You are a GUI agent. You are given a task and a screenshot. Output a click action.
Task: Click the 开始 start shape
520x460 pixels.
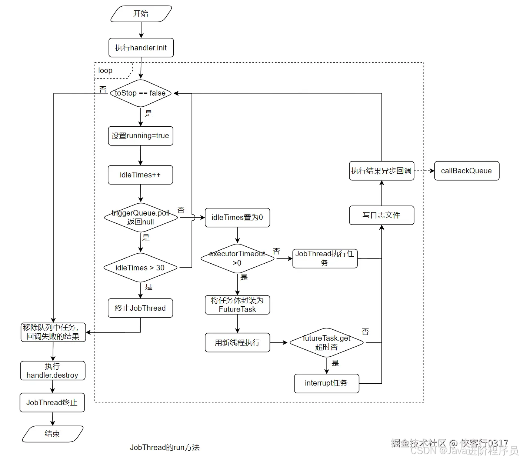[141, 14]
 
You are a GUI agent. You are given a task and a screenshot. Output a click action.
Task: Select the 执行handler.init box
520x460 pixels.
[141, 48]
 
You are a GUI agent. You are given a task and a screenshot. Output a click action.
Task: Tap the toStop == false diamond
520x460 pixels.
[140, 93]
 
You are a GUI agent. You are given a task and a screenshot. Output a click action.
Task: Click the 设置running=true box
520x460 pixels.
[140, 136]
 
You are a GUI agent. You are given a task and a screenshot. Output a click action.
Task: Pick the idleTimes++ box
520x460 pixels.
[140, 175]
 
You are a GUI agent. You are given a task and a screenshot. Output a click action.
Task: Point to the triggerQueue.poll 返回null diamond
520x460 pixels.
[141, 218]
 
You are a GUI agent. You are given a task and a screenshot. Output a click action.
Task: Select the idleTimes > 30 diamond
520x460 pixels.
[140, 268]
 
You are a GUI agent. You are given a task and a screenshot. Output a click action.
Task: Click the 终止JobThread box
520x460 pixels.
[140, 308]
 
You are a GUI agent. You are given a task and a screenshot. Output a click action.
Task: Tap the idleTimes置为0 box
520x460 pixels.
[237, 217]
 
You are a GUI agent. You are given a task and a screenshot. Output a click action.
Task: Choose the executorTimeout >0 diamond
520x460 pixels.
[237, 259]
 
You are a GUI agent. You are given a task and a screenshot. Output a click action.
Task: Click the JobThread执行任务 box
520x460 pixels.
[325, 259]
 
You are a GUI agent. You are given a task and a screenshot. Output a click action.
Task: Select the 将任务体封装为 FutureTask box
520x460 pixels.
[237, 305]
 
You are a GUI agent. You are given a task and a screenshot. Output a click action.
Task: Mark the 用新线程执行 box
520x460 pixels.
[237, 343]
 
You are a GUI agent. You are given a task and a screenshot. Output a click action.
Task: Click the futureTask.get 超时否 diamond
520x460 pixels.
[326, 343]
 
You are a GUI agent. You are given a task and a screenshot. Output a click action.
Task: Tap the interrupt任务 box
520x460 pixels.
[326, 383]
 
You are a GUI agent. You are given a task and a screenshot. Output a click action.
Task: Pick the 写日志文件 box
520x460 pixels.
[381, 215]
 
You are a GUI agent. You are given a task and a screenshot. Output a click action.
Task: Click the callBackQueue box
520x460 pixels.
[467, 171]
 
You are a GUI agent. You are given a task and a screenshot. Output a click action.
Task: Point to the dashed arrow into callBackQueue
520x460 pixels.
[424, 171]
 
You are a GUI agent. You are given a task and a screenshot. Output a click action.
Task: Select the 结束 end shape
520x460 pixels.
[53, 434]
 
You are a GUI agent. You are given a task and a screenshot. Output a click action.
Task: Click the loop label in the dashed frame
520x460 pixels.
[106, 70]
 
